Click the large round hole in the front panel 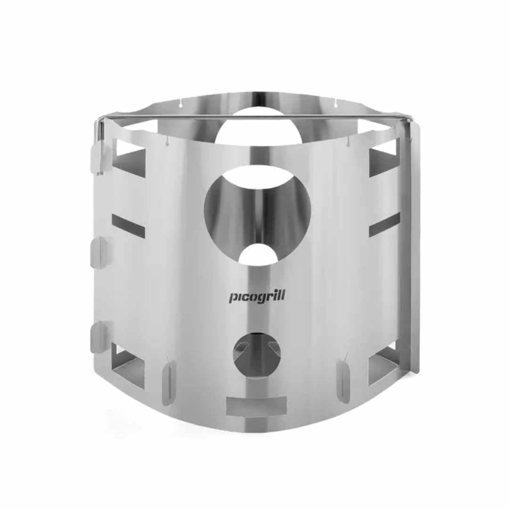257,215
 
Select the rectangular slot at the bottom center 256,406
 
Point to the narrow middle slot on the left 129,225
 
